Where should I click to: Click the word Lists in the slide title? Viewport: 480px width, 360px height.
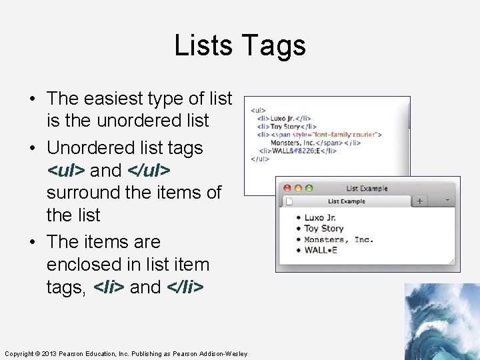pyautogui.click(x=203, y=46)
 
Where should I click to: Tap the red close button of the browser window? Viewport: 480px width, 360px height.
pyautogui.click(x=287, y=189)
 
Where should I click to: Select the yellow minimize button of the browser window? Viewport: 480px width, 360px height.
pyautogui.click(x=298, y=189)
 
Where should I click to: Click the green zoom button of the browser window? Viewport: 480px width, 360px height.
pyautogui.click(x=309, y=189)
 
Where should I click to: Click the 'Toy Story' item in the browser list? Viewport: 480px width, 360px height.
pyautogui.click(x=324, y=229)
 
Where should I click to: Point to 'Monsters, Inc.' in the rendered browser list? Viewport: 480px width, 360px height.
pyautogui.click(x=339, y=239)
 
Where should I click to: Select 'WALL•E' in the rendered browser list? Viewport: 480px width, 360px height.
pyautogui.click(x=321, y=250)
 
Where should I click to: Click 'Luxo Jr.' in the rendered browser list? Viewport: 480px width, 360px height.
pyautogui.click(x=321, y=218)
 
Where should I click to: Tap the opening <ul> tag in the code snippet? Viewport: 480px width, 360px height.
pyautogui.click(x=258, y=111)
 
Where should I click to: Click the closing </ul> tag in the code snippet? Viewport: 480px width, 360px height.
pyautogui.click(x=259, y=159)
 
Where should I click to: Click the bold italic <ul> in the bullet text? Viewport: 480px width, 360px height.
pyautogui.click(x=66, y=171)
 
